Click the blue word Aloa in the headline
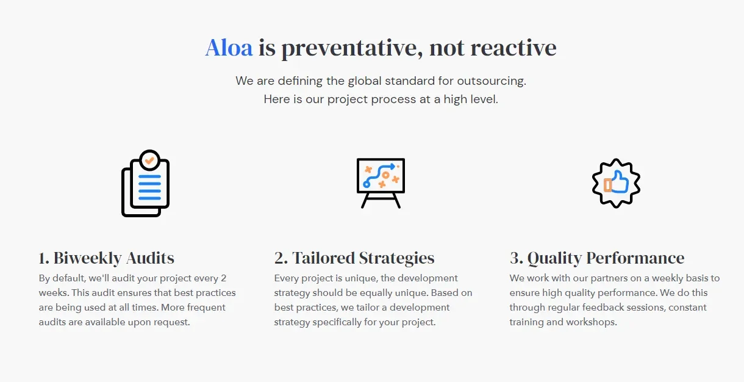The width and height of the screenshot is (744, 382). (x=229, y=48)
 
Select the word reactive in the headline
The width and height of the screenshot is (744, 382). (x=513, y=48)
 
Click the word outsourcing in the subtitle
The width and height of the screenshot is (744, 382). (x=492, y=81)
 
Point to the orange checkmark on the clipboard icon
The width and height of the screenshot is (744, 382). (x=149, y=160)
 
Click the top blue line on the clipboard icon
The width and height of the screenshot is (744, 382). (x=149, y=176)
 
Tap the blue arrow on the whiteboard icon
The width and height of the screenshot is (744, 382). (x=379, y=175)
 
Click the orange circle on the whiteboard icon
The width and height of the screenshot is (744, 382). (x=385, y=175)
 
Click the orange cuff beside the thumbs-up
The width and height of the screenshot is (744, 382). (x=608, y=185)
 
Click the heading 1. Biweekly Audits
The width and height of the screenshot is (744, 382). (x=106, y=258)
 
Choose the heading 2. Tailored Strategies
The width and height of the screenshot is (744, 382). (x=354, y=258)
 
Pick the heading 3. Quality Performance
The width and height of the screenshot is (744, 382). (x=597, y=258)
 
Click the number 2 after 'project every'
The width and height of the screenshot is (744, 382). (x=224, y=278)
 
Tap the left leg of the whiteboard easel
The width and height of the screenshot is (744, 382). (x=365, y=201)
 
